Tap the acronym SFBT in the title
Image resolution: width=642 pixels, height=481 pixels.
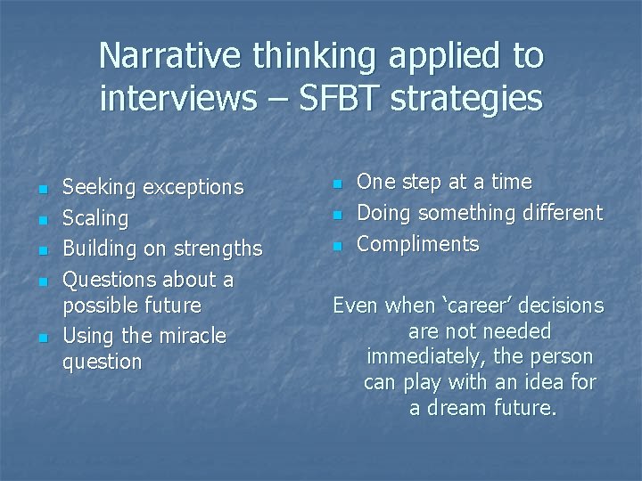pos(342,98)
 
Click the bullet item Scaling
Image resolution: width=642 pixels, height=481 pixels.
pos(95,218)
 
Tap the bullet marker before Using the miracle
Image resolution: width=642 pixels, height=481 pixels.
pos(42,338)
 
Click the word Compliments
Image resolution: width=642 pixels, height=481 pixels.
pos(417,244)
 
